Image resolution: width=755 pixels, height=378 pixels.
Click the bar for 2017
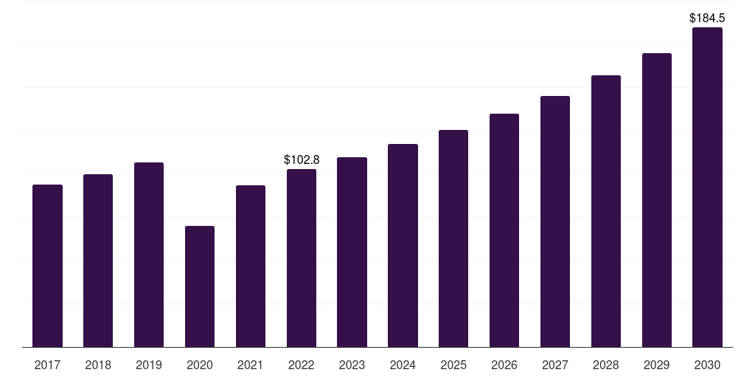pos(47,266)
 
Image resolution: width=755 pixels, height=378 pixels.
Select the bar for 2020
pos(200,286)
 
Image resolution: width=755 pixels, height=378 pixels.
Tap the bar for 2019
pos(149,255)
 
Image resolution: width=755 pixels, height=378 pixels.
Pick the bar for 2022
pos(302,258)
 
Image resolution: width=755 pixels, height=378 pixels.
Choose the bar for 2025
pos(453,238)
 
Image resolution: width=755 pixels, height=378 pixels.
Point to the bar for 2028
pos(606,211)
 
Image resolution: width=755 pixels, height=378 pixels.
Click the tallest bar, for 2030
pos(707,188)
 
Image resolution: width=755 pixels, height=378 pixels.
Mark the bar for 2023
pos(352,252)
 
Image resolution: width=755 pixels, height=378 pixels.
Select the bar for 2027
pos(555,221)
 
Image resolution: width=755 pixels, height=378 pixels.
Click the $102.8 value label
pos(302,159)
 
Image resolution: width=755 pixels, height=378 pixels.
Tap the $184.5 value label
pos(707,17)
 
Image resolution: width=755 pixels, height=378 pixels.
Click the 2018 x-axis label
pos(98,365)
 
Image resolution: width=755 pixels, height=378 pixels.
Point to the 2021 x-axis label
pos(251,365)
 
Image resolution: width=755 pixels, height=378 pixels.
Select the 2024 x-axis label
pos(403,365)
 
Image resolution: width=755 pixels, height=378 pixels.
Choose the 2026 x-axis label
pos(504,365)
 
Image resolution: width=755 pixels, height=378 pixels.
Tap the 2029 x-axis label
pos(656,365)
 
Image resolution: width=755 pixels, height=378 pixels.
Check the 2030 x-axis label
pos(707,365)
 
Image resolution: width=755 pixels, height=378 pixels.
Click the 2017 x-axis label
pos(47,365)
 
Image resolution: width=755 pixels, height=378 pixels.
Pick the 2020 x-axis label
pos(200,365)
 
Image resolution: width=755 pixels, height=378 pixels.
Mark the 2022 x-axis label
pos(302,365)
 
